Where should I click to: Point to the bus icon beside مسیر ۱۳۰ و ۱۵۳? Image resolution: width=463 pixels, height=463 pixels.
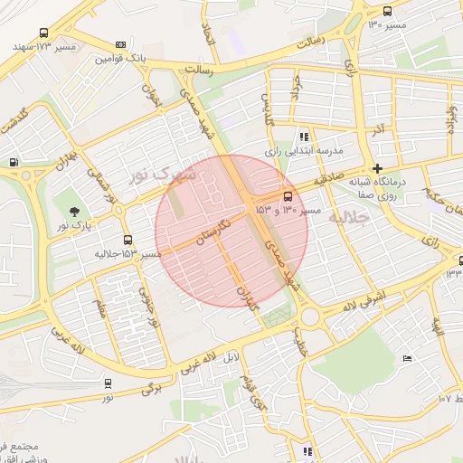pos(288,196)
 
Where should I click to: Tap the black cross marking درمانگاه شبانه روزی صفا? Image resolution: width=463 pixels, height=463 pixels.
pos(377,168)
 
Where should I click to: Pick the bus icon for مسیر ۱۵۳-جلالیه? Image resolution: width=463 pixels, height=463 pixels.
pos(127,241)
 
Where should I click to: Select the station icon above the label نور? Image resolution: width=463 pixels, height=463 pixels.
pos(109,383)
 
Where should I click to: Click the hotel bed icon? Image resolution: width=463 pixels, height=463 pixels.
pos(407,359)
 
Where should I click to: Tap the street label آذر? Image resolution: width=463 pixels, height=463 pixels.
pos(378,132)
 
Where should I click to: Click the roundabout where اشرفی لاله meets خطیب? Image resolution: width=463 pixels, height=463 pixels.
pos(312,317)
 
